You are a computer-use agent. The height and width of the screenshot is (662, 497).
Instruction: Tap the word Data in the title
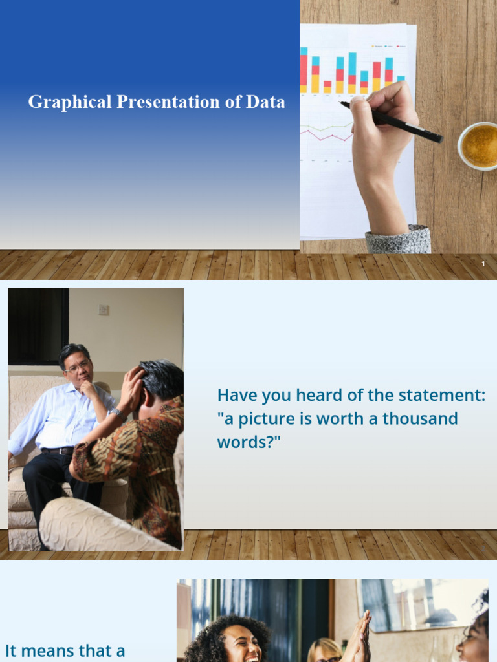(x=265, y=102)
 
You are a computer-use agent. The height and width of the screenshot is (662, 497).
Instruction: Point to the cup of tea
(x=480, y=146)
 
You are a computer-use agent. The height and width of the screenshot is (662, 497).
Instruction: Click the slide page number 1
(x=483, y=264)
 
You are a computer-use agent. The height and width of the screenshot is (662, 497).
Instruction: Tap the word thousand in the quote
(x=420, y=418)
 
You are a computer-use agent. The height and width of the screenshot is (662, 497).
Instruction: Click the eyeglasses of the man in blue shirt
(x=78, y=367)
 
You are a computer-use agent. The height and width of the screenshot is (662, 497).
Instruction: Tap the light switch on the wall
(x=104, y=310)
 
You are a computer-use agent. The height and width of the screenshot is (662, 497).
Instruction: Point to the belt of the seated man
(x=58, y=451)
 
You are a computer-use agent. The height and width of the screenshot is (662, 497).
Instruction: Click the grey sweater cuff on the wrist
(x=398, y=240)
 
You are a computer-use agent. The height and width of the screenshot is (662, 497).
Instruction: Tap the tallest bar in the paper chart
(x=352, y=72)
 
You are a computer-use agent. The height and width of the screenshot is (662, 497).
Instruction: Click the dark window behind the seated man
(x=38, y=326)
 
